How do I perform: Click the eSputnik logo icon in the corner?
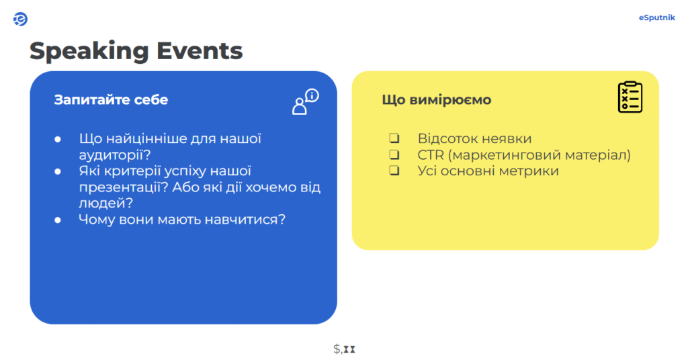pyautogui.click(x=20, y=19)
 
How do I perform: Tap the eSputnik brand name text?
pyautogui.click(x=656, y=17)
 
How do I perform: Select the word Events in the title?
pyautogui.click(x=200, y=50)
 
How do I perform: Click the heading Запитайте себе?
pyautogui.click(x=111, y=99)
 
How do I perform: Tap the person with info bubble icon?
pyautogui.click(x=306, y=101)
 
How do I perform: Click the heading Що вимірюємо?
pyautogui.click(x=437, y=99)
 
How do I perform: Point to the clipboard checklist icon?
pyautogui.click(x=630, y=97)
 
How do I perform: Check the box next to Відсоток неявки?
pyautogui.click(x=394, y=138)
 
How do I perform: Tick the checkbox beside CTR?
pyautogui.click(x=394, y=154)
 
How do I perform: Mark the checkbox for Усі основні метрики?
pyautogui.click(x=394, y=170)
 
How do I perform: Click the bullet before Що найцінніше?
pyautogui.click(x=58, y=140)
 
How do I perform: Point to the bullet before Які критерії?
pyautogui.click(x=58, y=171)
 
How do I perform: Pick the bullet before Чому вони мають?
pyautogui.click(x=58, y=220)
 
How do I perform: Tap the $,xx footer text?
pyautogui.click(x=344, y=349)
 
